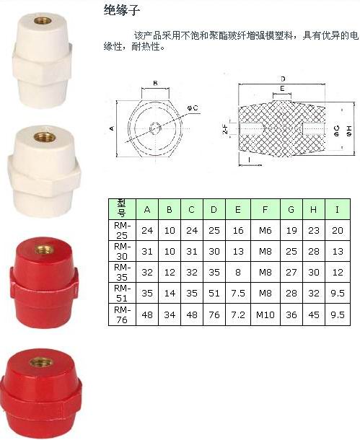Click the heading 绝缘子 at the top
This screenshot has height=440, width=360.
121,11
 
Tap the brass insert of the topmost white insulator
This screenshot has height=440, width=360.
42,20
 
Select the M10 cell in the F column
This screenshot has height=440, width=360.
265,314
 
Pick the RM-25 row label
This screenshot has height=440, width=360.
122,230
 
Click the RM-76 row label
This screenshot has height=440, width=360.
122,314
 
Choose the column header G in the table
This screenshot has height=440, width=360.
291,209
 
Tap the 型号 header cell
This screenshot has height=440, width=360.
122,209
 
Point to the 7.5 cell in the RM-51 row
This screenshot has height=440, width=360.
238,294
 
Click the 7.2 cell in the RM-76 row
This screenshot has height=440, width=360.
238,314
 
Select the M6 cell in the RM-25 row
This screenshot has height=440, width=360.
265,231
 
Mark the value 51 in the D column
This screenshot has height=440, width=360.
214,294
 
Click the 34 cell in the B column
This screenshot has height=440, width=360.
170,314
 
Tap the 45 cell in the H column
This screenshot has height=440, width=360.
314,314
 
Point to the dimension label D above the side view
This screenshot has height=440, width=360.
283,79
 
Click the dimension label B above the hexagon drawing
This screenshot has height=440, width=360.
155,84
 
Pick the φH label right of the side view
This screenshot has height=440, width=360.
349,131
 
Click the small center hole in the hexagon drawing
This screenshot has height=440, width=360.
155,129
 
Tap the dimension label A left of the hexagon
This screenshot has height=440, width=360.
112,128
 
